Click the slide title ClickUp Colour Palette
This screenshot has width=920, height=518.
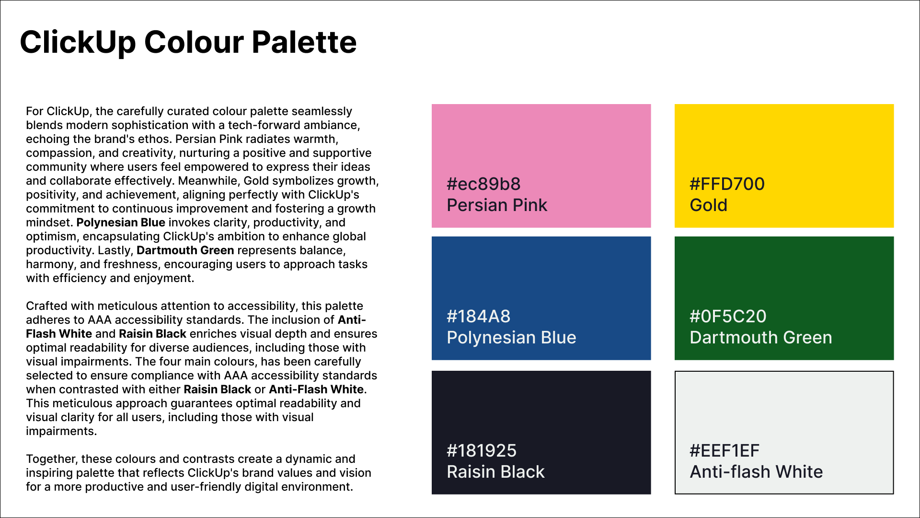(188, 42)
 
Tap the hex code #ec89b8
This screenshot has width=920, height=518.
(483, 184)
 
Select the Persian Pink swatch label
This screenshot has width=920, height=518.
(496, 205)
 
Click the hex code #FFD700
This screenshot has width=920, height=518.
(727, 184)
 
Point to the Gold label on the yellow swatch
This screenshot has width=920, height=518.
(708, 205)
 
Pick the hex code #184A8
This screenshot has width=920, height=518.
(478, 317)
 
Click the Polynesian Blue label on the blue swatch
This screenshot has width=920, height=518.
(511, 338)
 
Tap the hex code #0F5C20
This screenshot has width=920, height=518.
(728, 317)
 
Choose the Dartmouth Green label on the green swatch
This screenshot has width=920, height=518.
(760, 338)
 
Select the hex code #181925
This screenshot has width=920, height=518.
(482, 451)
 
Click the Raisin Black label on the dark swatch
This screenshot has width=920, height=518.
(495, 472)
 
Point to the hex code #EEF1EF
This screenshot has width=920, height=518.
(724, 451)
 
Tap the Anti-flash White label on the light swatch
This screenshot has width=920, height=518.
(756, 472)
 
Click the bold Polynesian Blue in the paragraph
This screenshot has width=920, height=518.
(121, 223)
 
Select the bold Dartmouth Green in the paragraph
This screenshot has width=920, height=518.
(185, 250)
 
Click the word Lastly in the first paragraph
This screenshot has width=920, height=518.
(115, 250)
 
